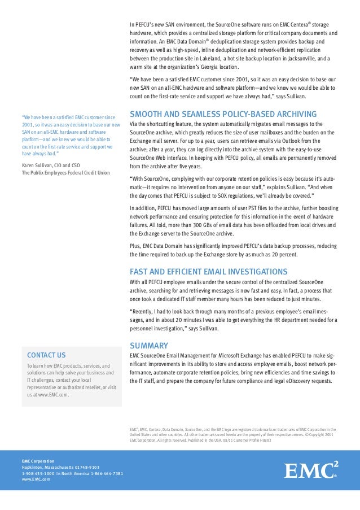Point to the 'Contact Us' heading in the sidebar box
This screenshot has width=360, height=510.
(46, 355)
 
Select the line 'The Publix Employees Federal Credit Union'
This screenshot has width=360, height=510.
(66, 173)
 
